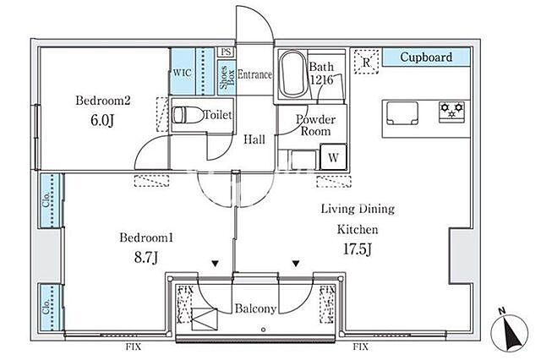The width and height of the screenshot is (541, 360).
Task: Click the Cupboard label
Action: [x=426, y=57]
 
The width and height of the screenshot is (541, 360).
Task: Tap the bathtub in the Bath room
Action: [x=292, y=74]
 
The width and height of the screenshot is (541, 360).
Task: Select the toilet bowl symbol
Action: [x=188, y=115]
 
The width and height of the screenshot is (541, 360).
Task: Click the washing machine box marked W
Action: [x=333, y=157]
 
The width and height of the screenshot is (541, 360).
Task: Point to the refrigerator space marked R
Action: [x=366, y=62]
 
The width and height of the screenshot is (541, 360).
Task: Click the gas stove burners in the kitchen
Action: [x=451, y=111]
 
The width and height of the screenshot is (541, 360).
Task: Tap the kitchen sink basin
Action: [x=402, y=113]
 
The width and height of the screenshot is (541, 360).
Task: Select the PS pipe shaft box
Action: [x=226, y=52]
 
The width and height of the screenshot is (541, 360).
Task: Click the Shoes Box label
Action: [x=227, y=77]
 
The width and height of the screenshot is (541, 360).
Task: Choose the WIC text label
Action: [x=183, y=73]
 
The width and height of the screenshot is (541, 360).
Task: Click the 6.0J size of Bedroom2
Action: [x=102, y=120]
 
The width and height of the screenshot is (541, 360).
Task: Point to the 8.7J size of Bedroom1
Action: [x=146, y=257]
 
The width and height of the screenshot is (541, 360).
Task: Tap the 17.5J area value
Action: [x=357, y=248]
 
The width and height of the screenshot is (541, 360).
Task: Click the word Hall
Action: [x=254, y=139]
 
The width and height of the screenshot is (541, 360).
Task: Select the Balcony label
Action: [x=255, y=308]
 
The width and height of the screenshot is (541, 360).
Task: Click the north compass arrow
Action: [x=510, y=332]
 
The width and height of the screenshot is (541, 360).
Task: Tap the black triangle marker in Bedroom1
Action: [x=216, y=264]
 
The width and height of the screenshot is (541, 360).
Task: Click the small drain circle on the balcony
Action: [x=263, y=330]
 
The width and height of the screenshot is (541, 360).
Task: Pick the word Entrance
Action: [x=254, y=74]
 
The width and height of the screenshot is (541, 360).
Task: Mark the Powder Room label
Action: [x=315, y=125]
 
